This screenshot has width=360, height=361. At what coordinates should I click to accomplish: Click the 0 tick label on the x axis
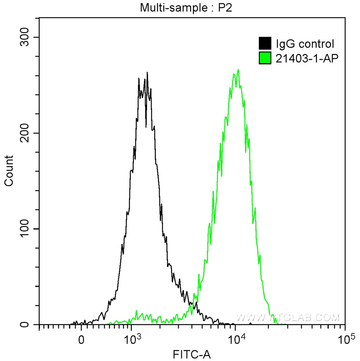81,340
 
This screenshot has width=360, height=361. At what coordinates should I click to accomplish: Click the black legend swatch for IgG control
265,44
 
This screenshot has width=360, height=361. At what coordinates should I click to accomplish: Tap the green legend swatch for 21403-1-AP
265,58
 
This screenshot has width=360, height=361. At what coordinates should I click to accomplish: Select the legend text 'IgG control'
305,44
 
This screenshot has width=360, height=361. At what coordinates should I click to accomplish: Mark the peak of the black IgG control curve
147,73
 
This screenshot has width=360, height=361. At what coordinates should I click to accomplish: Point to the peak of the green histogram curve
239,70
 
